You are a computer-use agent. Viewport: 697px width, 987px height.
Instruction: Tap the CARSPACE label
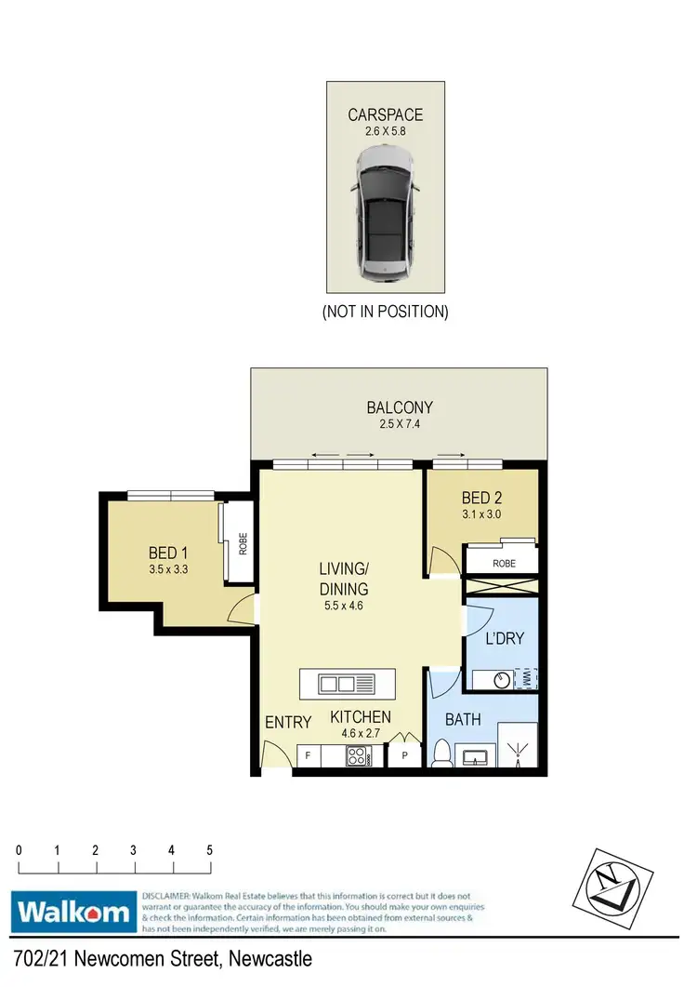tap(385, 115)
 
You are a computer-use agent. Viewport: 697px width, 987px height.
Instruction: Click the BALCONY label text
tap(400, 407)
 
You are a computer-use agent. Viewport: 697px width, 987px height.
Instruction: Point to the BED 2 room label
tap(480, 498)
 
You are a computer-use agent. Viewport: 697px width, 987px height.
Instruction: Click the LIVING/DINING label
tap(344, 579)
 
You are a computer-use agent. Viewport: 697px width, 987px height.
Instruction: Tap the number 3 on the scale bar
tap(134, 850)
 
